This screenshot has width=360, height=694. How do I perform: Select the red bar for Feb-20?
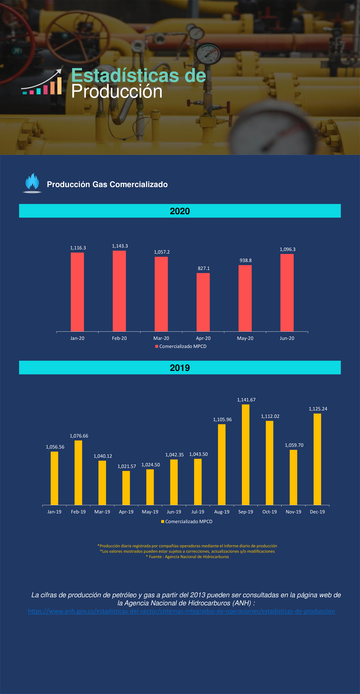tap(119, 291)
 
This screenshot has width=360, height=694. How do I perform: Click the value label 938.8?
tap(246, 260)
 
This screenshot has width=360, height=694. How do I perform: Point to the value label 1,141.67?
tap(246, 400)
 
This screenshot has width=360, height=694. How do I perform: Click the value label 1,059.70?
tap(294, 445)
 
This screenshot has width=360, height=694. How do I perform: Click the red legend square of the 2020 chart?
tap(157, 346)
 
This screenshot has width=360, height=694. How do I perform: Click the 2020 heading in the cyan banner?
tap(180, 211)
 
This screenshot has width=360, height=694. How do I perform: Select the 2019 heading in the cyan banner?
tap(180, 368)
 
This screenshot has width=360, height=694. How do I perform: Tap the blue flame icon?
tap(32, 182)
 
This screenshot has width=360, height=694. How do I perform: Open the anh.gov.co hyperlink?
tap(181, 611)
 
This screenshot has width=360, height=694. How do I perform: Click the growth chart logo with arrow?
tap(42, 82)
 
